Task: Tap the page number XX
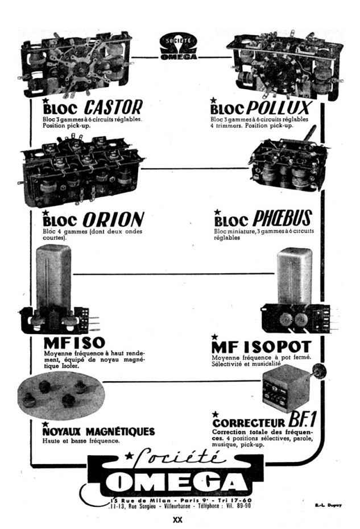point(181,520)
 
